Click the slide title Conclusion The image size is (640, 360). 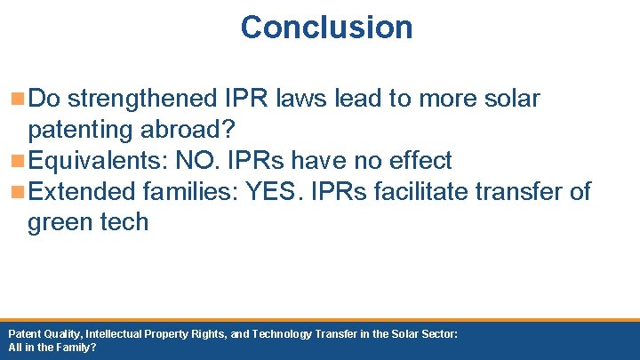[x=326, y=27]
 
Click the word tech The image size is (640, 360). [x=125, y=222]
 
